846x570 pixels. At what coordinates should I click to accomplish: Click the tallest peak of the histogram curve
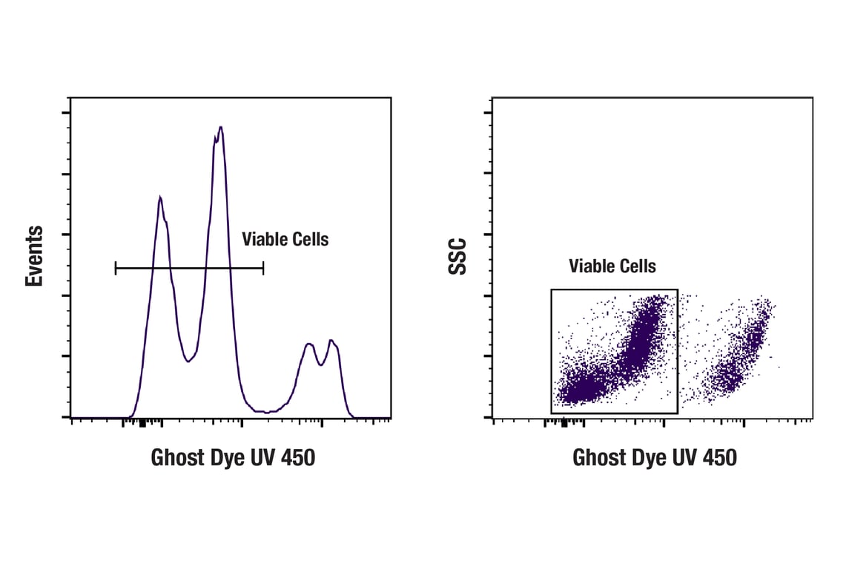coord(220,128)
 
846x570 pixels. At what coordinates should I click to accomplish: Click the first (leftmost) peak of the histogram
coord(159,197)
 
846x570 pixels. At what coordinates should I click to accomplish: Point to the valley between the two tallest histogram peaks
coord(188,361)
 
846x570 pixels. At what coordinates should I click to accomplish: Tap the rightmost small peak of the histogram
coord(331,341)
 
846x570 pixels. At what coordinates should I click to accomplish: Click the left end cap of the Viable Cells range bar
coord(116,268)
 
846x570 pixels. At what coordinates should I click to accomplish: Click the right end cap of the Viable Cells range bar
coord(263,268)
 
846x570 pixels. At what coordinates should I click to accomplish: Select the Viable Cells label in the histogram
coord(285,239)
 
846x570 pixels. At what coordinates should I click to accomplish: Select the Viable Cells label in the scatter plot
coord(612,266)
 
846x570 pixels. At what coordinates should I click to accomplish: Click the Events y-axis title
coord(34,256)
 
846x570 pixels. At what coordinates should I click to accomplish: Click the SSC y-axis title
coord(458,256)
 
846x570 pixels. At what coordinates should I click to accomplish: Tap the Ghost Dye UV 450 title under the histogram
coord(233,457)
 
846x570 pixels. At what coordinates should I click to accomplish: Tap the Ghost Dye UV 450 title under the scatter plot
coord(654,457)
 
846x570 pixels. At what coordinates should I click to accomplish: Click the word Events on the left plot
coord(34,256)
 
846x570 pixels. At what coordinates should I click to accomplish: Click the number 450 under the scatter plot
coord(718,457)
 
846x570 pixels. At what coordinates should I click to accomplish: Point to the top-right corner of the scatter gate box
coord(678,289)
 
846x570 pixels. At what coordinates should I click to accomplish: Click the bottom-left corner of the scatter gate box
coord(552,413)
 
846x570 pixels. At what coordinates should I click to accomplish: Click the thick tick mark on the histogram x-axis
coord(142,423)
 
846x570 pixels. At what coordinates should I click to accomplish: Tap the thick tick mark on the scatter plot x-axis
coord(564,423)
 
